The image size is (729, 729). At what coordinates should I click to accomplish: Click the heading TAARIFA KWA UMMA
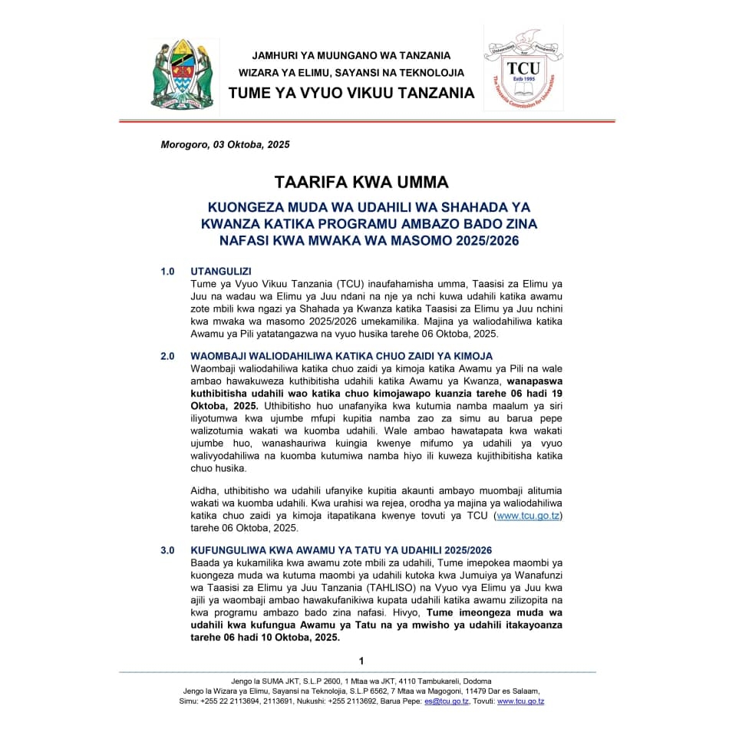361,182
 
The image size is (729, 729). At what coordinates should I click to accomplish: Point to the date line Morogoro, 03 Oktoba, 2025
225,144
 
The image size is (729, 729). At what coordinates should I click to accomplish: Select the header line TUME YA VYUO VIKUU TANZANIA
351,93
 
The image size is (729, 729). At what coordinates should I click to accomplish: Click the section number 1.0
167,272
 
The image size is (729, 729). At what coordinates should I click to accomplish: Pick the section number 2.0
167,356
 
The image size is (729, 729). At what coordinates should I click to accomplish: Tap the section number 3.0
167,551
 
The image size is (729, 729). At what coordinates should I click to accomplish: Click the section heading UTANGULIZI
221,272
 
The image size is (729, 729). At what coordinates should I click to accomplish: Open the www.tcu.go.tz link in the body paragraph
529,516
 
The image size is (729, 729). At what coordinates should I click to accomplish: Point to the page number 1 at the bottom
361,661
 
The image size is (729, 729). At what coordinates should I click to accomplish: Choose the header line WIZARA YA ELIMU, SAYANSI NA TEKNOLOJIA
351,73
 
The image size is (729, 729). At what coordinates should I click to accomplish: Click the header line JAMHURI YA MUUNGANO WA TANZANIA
351,55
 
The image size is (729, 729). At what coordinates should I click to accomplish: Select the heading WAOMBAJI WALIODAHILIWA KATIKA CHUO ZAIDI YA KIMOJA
341,356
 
